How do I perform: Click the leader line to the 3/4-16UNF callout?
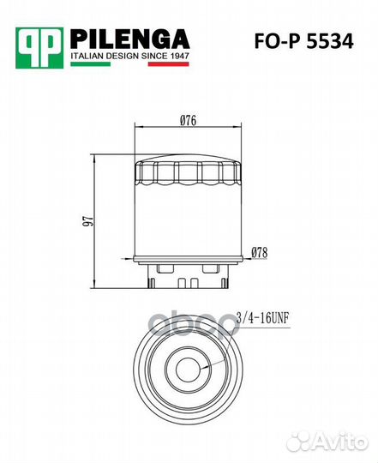pos(220,343)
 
